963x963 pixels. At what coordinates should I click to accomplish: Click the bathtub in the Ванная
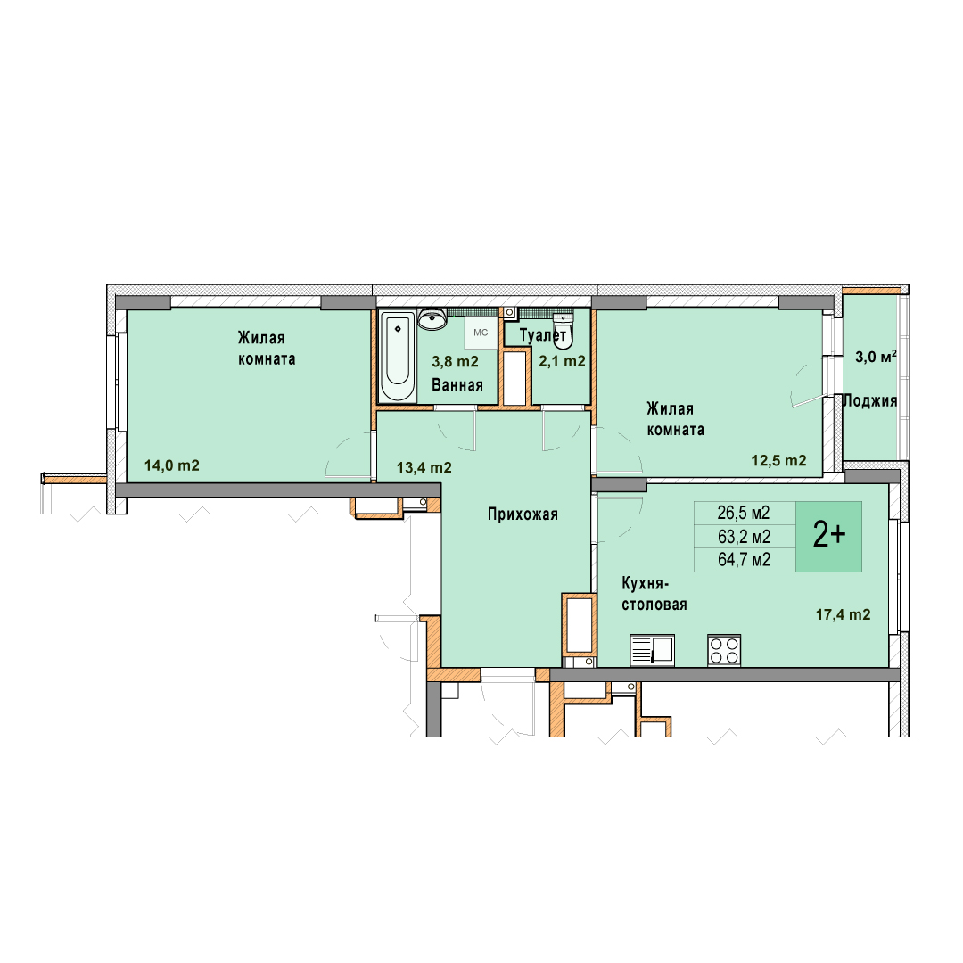click(x=398, y=356)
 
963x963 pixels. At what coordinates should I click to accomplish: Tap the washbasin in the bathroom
click(x=432, y=318)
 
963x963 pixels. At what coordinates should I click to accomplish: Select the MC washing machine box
click(x=481, y=333)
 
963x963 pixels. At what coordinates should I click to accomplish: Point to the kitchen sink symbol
click(x=652, y=650)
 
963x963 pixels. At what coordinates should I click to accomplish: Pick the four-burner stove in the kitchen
click(x=724, y=650)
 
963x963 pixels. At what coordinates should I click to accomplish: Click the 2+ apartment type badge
click(x=828, y=536)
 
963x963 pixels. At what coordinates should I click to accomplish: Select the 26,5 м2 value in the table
click(x=743, y=513)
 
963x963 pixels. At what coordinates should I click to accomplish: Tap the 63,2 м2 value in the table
click(x=744, y=537)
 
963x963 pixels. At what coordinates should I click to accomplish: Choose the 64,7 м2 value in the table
click(x=744, y=559)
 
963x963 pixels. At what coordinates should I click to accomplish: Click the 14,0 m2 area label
click(x=172, y=465)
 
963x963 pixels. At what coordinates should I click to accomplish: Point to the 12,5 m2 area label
click(x=778, y=460)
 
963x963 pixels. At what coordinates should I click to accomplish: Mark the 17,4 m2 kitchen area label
click(x=843, y=614)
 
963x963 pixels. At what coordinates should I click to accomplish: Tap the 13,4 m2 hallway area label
click(x=424, y=468)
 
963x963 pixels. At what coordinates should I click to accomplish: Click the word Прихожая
click(x=523, y=514)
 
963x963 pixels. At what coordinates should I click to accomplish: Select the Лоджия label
click(x=869, y=401)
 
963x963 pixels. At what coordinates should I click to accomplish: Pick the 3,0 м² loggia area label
click(x=876, y=356)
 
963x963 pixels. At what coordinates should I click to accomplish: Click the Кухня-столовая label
click(x=654, y=594)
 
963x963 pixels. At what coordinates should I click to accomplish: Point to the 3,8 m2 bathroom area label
click(x=455, y=362)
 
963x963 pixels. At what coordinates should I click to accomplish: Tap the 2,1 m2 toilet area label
click(x=562, y=361)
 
